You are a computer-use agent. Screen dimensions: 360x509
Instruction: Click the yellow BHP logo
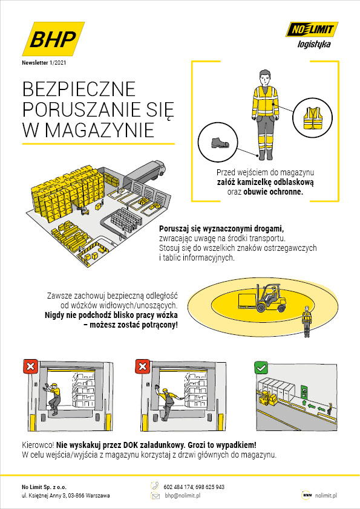(53, 39)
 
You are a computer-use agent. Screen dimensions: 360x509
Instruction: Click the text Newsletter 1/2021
(44, 63)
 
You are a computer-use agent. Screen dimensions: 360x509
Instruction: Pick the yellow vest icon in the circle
(312, 118)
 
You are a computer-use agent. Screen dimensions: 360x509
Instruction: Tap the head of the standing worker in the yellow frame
(265, 77)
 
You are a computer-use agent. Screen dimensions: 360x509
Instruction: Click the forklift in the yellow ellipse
(262, 298)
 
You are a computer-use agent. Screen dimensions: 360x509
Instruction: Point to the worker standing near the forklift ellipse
(306, 322)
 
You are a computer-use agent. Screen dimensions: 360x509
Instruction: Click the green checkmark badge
(261, 368)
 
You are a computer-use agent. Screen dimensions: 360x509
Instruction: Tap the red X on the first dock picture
(30, 366)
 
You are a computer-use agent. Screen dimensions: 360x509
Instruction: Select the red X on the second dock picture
(142, 366)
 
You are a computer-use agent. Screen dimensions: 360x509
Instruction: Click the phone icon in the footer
(155, 486)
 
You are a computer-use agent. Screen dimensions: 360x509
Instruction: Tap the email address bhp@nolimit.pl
(182, 496)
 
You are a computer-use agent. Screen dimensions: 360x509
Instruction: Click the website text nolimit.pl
(326, 495)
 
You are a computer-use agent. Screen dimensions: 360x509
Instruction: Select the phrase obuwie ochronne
(273, 192)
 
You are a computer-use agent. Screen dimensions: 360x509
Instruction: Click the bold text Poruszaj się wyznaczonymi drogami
(221, 229)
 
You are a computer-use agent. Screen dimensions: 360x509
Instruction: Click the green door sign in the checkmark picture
(304, 392)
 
